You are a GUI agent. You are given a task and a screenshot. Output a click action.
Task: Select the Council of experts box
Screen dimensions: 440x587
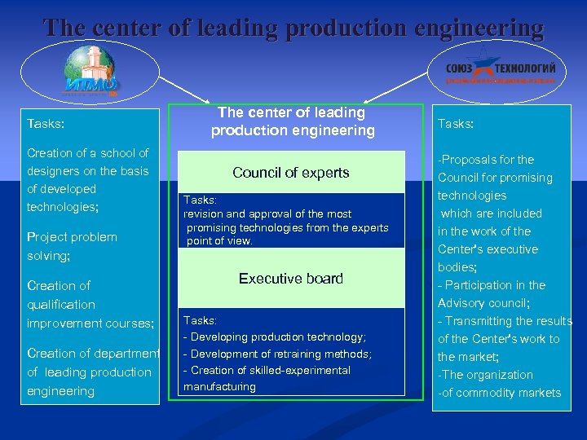(291, 173)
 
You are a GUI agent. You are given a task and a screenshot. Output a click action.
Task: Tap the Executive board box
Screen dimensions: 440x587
(291, 279)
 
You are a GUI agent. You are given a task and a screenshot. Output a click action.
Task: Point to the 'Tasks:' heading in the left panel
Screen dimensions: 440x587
(46, 124)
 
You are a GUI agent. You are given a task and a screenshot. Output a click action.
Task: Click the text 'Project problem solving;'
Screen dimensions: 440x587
(72, 246)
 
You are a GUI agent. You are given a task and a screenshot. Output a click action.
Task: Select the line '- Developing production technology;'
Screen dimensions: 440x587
(275, 337)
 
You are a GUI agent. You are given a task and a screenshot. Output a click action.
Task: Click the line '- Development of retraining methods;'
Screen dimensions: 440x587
(277, 354)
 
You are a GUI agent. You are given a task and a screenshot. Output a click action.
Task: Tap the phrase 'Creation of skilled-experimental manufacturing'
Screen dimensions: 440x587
(268, 378)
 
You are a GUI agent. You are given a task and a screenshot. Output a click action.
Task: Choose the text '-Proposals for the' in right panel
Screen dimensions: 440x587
(486, 160)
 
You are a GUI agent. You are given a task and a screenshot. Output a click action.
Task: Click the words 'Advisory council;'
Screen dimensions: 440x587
(484, 303)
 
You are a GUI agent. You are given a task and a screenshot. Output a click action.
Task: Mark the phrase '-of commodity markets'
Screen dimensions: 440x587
(500, 393)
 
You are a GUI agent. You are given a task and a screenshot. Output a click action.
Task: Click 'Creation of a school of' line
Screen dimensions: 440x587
(88, 153)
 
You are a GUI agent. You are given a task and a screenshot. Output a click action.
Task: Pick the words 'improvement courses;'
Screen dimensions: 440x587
(90, 323)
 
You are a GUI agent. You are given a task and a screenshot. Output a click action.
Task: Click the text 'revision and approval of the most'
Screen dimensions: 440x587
(267, 214)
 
